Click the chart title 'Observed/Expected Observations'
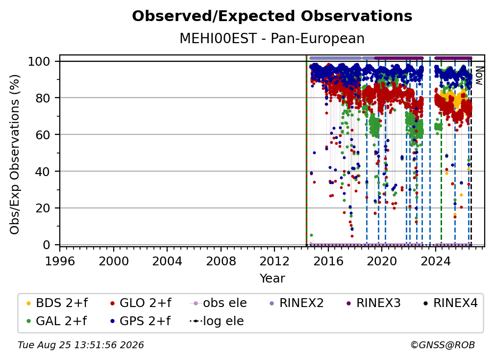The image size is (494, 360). click(272, 16)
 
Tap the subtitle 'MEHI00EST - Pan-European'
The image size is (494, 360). click(272, 38)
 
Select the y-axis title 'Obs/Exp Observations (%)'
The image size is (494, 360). click(15, 154)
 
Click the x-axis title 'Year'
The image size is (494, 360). click(272, 279)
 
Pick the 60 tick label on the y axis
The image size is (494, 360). click(43, 134)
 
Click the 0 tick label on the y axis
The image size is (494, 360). click(47, 245)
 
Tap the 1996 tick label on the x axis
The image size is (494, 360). click(60, 261)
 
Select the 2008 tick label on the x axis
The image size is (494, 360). click(221, 261)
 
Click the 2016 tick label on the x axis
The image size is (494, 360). click(328, 261)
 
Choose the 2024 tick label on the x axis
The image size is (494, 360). click(436, 261)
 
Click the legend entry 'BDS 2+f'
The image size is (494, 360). click(57, 303)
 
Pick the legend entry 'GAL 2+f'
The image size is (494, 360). click(56, 321)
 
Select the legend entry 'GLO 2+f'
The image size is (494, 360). click(141, 303)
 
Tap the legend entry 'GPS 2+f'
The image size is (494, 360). click(140, 321)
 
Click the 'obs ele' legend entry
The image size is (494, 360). click(219, 303)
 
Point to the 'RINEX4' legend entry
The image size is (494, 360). click(450, 303)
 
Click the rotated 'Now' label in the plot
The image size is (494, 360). click(479, 76)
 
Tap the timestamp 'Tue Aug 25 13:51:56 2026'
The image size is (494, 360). click(81, 345)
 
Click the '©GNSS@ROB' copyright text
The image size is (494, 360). click(443, 345)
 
